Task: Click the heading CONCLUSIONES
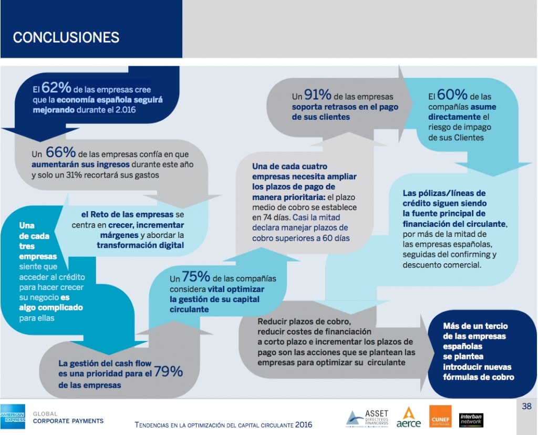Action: coord(66,37)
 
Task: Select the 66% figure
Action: coord(61,152)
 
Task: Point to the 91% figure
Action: coord(317,95)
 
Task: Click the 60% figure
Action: coord(452,95)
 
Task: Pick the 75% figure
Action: coord(196,277)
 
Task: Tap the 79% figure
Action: coord(168,372)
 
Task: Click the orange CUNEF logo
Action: coord(440,416)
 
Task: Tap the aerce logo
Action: coord(409,418)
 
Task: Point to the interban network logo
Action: coord(471,419)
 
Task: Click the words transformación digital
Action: coord(140,245)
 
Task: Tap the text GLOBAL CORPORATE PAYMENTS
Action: coord(68,418)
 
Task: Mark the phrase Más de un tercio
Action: coord(475,326)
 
